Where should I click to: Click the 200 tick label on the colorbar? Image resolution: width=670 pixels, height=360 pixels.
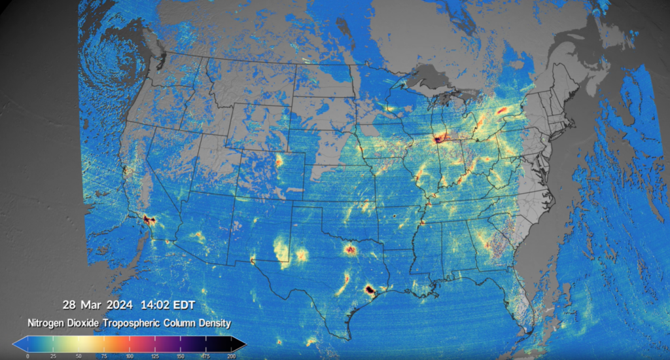pyautogui.click(x=231, y=355)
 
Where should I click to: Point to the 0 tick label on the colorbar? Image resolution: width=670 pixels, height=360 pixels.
pyautogui.click(x=27, y=355)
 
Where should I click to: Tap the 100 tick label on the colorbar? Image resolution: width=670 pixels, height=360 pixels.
pyautogui.click(x=129, y=355)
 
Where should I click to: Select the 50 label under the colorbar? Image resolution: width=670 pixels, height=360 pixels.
pyautogui.click(x=79, y=355)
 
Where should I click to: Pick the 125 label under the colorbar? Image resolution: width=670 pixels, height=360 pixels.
pyautogui.click(x=154, y=355)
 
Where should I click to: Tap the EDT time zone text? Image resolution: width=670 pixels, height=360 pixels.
pyautogui.click(x=183, y=305)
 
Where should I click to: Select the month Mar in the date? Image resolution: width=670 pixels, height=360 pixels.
pyautogui.click(x=91, y=305)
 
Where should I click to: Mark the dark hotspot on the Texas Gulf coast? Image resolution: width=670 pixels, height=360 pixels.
pyautogui.click(x=369, y=289)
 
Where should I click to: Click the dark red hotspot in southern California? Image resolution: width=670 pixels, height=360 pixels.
pyautogui.click(x=149, y=220)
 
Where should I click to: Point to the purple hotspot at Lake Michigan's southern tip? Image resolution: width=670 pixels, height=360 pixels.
pyautogui.click(x=437, y=138)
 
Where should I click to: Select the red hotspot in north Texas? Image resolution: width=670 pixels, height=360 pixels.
pyautogui.click(x=351, y=249)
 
